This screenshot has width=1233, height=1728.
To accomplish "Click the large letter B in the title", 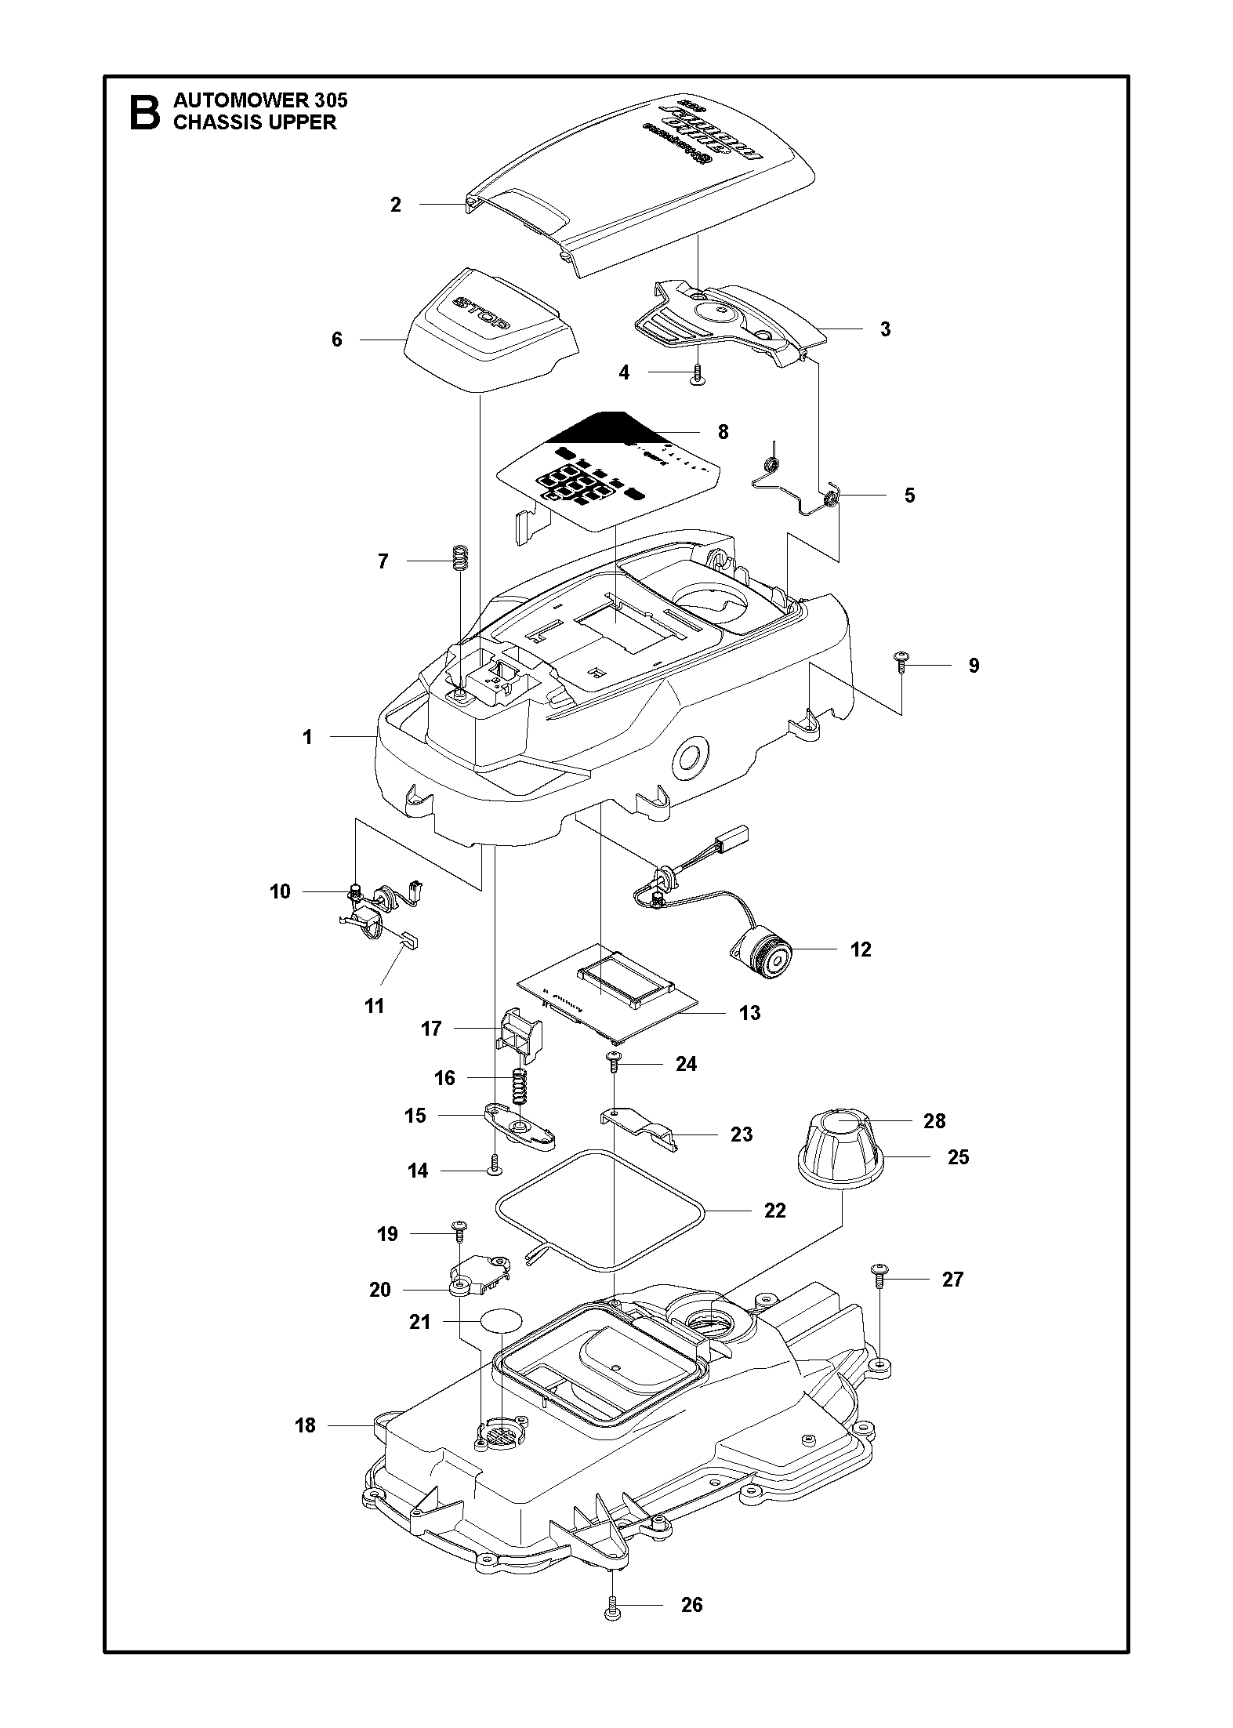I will coord(143,112).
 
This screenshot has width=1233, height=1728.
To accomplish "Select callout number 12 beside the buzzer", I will coord(860,949).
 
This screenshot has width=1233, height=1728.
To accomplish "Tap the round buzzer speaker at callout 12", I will coord(763,955).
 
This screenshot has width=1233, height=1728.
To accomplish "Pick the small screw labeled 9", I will coord(901,665).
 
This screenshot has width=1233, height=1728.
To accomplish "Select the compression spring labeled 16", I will coord(518,1086).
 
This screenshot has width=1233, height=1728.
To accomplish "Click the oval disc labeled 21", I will coord(501,1321).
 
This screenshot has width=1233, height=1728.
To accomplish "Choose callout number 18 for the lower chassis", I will coord(305,1425).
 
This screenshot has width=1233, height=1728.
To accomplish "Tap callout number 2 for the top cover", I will coord(396,205).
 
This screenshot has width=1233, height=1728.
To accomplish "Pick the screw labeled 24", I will coord(613,1063).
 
